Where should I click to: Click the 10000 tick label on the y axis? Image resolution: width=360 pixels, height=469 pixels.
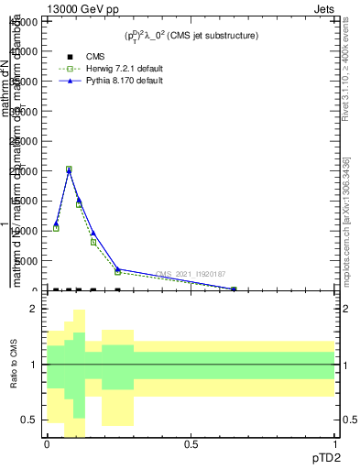26,231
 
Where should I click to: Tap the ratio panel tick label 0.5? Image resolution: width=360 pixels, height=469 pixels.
30,420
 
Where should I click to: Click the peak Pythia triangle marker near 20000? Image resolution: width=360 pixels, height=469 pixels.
69,171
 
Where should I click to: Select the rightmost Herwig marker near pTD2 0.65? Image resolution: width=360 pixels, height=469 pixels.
235,289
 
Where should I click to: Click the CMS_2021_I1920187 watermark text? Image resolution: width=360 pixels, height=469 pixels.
190,274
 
